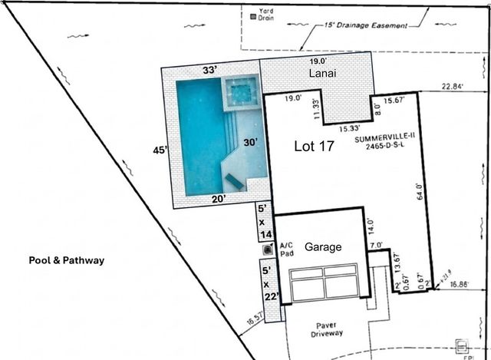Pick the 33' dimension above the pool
[x=209, y=69]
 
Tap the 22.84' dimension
[x=452, y=87]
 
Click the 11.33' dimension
[x=315, y=110]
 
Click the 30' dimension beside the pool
[x=250, y=143]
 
